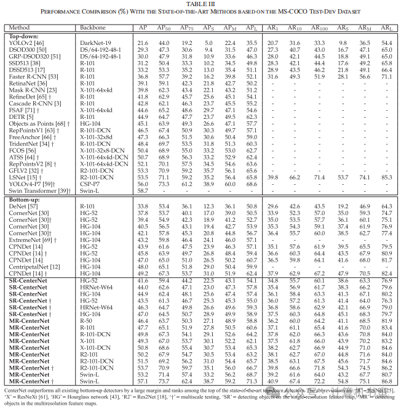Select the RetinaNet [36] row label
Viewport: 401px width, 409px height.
(26, 83)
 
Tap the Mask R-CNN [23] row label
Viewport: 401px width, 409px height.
(28, 90)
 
